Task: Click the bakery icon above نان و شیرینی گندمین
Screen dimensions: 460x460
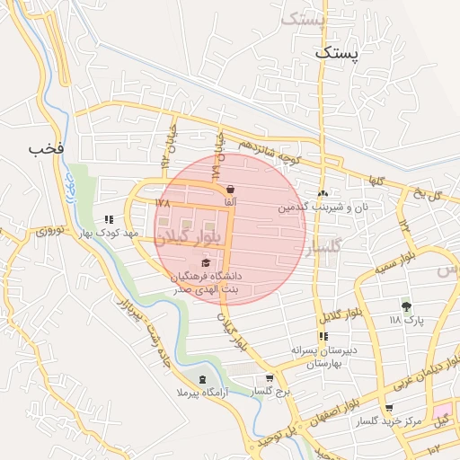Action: [323, 193]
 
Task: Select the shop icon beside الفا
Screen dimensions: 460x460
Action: [232, 190]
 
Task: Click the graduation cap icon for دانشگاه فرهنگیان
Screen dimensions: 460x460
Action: [206, 263]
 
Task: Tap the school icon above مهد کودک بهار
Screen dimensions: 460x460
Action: [110, 219]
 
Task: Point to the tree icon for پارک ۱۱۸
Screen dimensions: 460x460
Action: [406, 306]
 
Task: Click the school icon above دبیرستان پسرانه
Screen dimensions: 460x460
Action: [323, 337]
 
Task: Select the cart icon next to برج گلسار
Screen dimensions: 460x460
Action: [269, 378]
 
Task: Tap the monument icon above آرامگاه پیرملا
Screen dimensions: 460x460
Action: [201, 380]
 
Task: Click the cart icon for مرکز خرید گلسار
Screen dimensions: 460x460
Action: [388, 408]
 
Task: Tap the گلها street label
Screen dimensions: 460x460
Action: [375, 181]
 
